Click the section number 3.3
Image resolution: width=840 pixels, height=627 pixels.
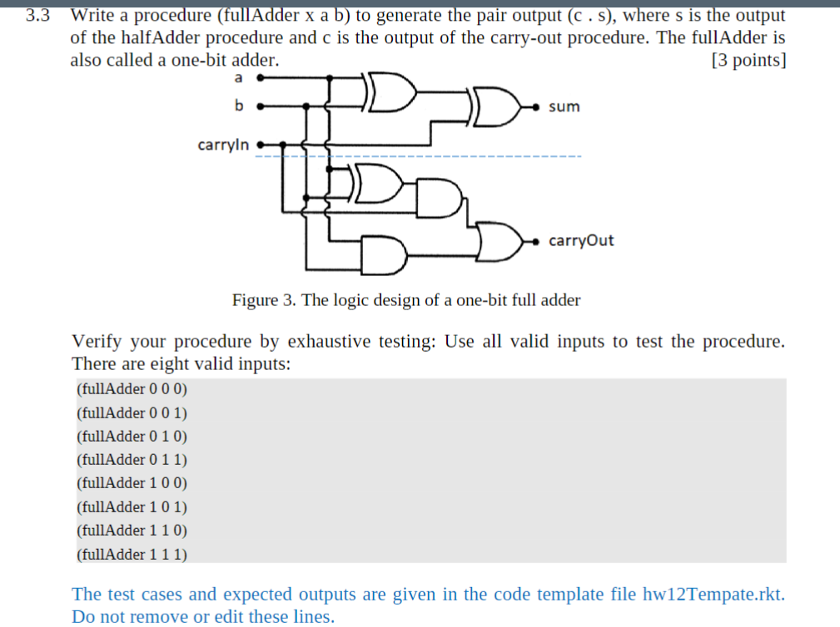[x=37, y=16]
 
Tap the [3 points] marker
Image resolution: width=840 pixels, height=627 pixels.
[x=748, y=61]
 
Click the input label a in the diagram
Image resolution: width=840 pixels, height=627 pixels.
[x=239, y=78]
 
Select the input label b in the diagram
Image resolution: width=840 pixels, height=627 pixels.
[x=239, y=106]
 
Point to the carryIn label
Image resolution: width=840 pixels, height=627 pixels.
[x=222, y=145]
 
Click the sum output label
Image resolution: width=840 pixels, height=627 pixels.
[x=564, y=107]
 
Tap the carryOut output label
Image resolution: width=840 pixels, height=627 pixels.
[x=581, y=241]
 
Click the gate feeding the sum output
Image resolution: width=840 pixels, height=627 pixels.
[x=498, y=107]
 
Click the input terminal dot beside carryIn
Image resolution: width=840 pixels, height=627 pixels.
[x=260, y=144]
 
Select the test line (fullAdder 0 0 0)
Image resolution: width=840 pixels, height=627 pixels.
[x=132, y=388]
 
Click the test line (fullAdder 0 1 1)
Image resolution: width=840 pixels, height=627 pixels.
[x=132, y=459]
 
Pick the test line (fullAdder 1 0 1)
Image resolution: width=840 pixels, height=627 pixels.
[x=132, y=506]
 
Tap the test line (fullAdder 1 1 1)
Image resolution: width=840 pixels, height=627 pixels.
[x=132, y=554]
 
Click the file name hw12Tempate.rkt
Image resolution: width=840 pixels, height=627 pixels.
[x=713, y=595]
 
